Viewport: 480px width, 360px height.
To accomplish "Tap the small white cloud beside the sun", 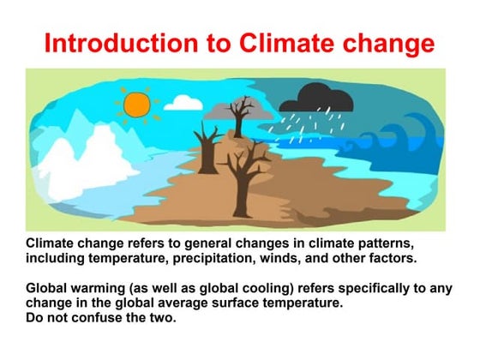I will tap(183, 103).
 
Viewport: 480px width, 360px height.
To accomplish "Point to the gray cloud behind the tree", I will tap(225, 113).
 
